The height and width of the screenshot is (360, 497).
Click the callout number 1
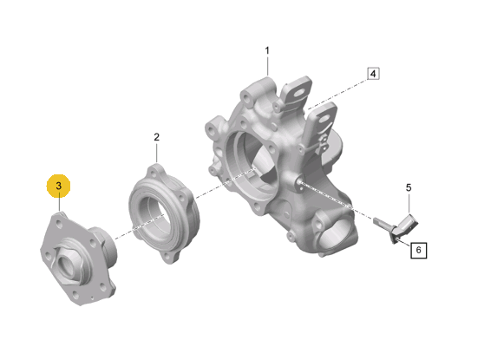[x=267, y=50]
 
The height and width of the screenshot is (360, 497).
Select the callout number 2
[x=157, y=137]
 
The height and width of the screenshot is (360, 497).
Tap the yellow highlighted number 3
[x=59, y=186]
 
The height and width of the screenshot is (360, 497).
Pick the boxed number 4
[x=373, y=74]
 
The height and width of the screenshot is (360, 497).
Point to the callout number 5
[x=409, y=187]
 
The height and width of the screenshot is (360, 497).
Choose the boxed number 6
[x=418, y=251]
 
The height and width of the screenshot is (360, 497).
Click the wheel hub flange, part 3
[x=78, y=259]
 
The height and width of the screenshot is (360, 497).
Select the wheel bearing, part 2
[x=164, y=213]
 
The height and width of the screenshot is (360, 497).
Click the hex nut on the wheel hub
[x=69, y=261]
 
